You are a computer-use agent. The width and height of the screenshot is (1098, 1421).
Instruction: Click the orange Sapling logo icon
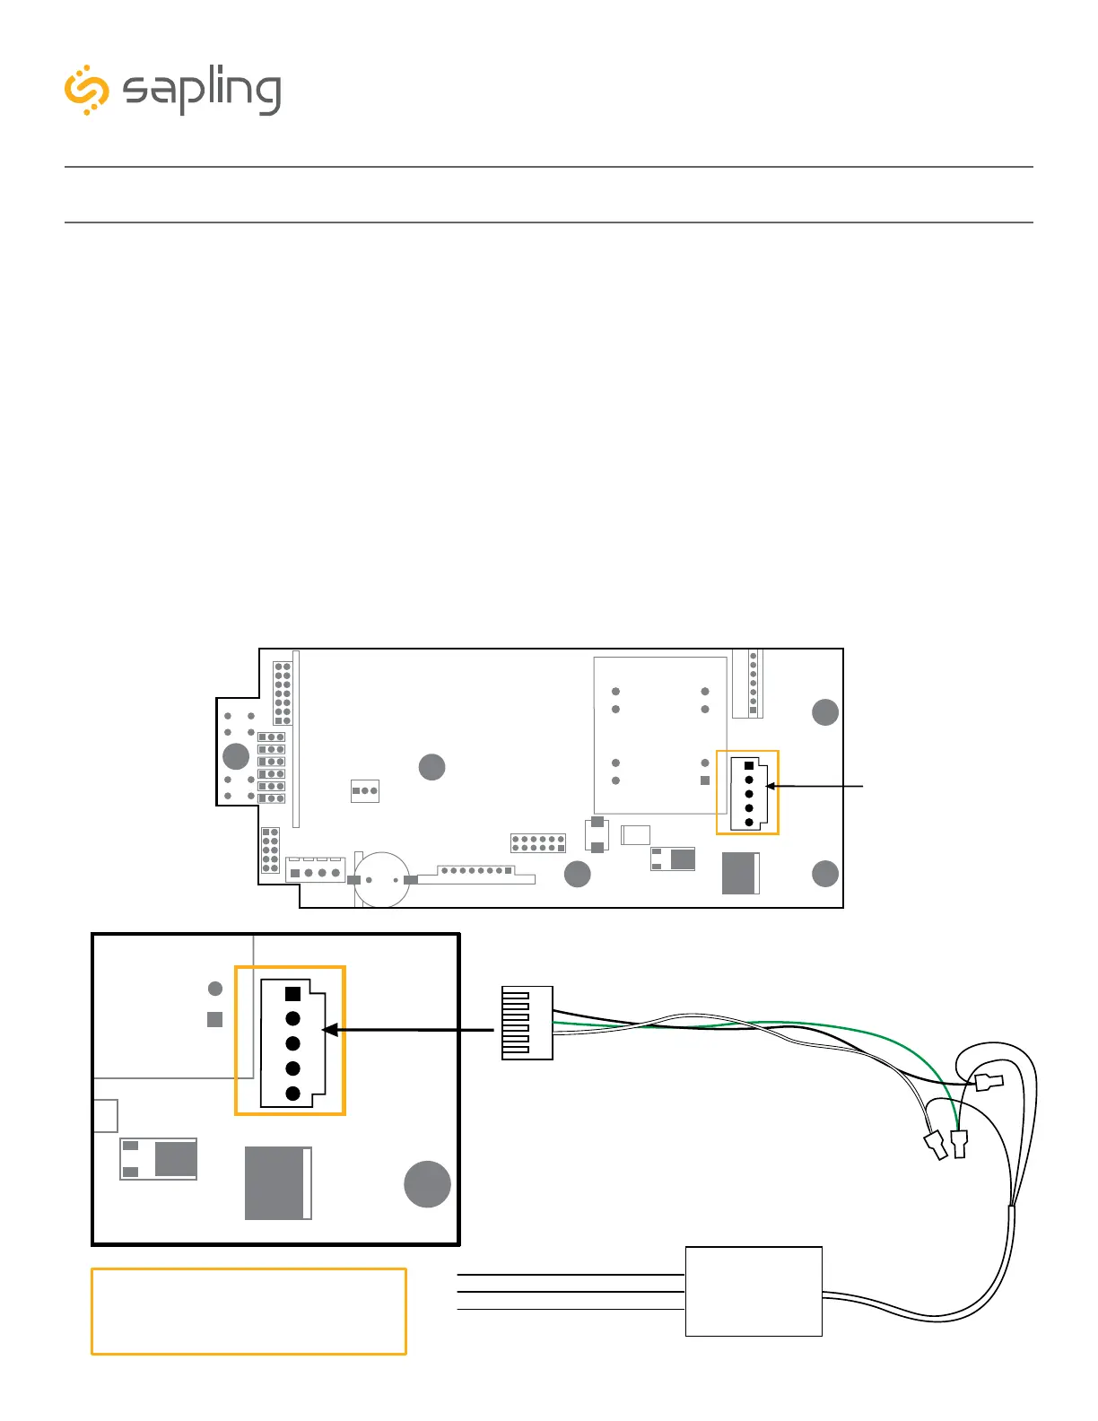coord(86,90)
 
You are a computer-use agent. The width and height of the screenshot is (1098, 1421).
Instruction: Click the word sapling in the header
coord(202,91)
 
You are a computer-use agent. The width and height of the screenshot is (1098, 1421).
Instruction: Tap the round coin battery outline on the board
coord(383,879)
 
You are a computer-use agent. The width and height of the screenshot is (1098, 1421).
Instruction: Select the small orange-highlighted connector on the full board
coord(748,793)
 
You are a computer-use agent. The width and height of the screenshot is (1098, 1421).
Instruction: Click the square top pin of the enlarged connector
coord(292,994)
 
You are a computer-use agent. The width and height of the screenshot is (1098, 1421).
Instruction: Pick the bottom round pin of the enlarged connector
coord(292,1094)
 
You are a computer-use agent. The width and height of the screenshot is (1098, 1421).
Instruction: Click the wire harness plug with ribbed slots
coord(527,1023)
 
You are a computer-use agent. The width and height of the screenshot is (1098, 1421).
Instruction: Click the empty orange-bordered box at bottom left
coord(248,1311)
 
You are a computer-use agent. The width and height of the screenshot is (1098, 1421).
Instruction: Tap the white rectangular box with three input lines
coord(754,1291)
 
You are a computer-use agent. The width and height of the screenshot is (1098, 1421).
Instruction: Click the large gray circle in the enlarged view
coord(427,1184)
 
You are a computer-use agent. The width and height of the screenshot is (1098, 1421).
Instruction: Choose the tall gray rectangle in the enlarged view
coord(278,1183)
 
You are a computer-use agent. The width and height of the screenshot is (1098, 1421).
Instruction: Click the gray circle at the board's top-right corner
coord(825,712)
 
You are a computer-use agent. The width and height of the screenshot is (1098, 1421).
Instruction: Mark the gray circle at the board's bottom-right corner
coord(825,873)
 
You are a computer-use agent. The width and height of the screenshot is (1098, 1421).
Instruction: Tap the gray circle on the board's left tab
coord(236,756)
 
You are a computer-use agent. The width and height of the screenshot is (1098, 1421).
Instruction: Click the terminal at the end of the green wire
coord(959,1144)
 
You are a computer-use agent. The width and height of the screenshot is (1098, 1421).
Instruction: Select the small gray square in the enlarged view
coord(214,1019)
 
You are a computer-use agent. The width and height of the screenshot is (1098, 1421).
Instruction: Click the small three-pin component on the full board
coord(365,790)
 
